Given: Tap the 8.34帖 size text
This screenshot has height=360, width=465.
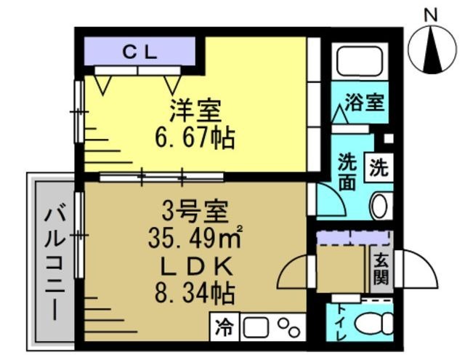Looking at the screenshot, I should (x=195, y=292).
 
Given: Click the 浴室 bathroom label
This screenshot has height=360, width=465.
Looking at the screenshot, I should (x=364, y=102).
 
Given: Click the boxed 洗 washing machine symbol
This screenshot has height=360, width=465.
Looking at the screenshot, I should (x=379, y=168).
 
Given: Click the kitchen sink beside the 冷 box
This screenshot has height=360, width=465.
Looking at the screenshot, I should (x=256, y=328).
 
